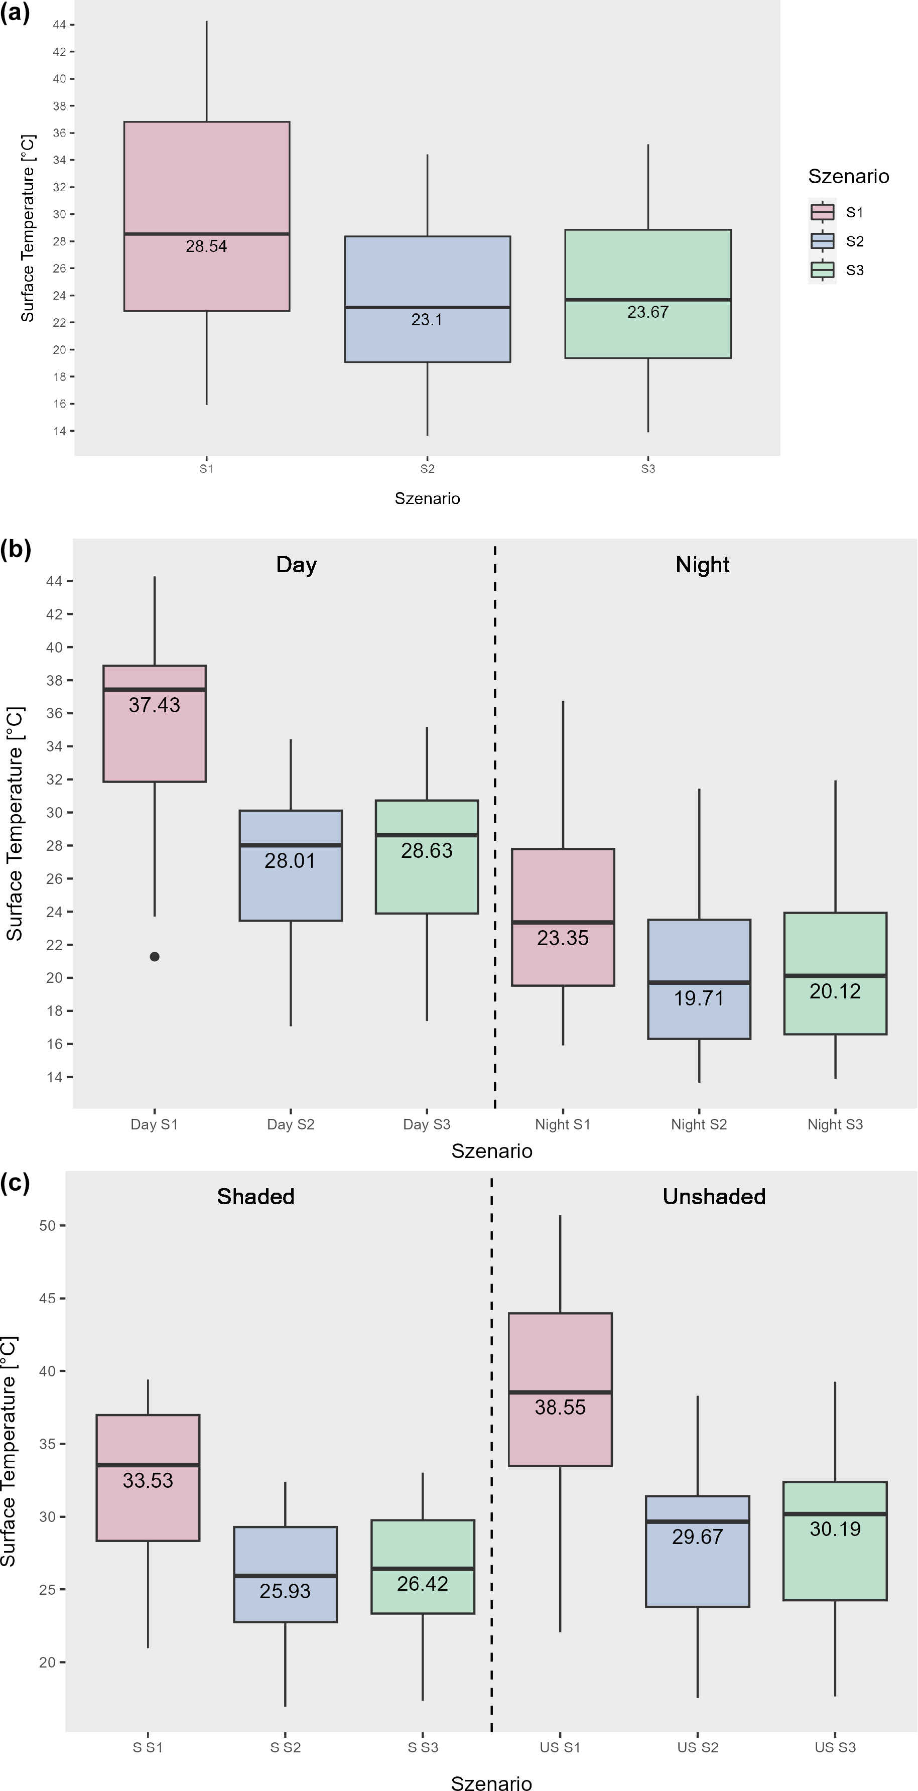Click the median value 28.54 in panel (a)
[x=207, y=247]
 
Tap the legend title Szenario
[x=848, y=177]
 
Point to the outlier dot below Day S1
[x=155, y=957]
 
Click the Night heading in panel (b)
[x=702, y=565]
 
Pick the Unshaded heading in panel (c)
[x=714, y=1197]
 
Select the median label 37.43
[x=155, y=705]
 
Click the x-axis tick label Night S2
[x=699, y=1124]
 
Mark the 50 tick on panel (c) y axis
[x=47, y=1225]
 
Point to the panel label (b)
[x=15, y=550]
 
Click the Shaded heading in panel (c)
[x=255, y=1197]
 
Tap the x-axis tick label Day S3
[x=427, y=1124]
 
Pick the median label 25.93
[x=285, y=1591]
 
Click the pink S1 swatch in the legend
[x=823, y=212]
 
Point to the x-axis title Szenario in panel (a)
[x=427, y=498]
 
